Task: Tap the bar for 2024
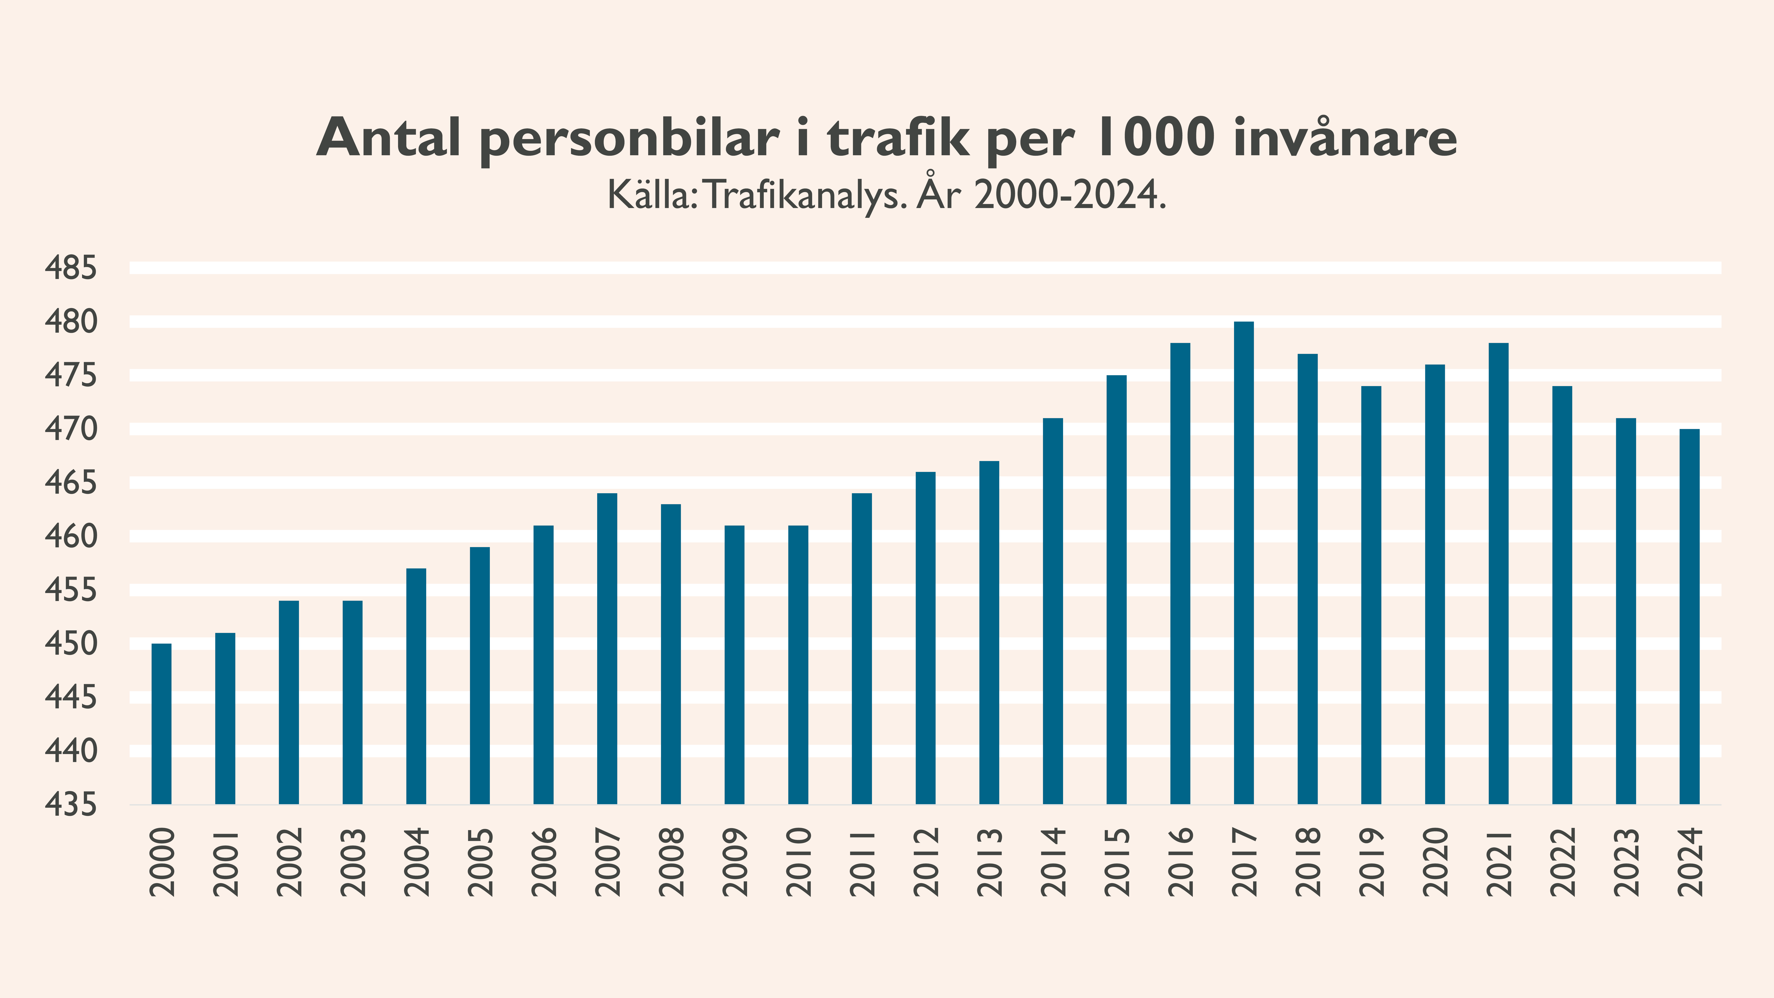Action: [x=1689, y=617]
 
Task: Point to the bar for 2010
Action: [x=798, y=665]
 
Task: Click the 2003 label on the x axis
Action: [x=353, y=862]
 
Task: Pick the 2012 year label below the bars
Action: [x=926, y=862]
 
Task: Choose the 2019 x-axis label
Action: [x=1371, y=862]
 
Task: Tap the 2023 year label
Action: [x=1626, y=862]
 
